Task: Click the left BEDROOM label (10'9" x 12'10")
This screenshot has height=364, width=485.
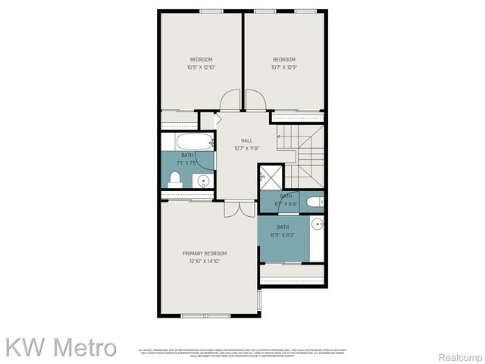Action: pos(201,60)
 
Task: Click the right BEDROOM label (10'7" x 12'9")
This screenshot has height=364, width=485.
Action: pos(284,60)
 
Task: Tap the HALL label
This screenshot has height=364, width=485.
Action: pos(246,140)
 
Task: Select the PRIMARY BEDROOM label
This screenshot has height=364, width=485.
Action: pos(205,253)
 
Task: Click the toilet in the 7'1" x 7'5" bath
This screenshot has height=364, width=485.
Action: pos(175,178)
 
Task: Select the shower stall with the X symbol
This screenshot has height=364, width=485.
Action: pos(270,176)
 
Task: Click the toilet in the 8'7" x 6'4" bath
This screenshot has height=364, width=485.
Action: pos(320,202)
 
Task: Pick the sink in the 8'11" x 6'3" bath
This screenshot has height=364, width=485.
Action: pos(318,223)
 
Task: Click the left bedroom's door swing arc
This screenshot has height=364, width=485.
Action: pos(230,100)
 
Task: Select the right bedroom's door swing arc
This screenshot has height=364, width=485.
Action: pos(255,100)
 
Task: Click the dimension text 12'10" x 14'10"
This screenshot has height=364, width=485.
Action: pos(205,261)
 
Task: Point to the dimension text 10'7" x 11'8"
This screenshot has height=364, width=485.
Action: pos(246,148)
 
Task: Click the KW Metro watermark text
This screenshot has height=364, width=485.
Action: pos(61,347)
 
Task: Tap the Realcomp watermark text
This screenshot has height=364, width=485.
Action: pos(462,357)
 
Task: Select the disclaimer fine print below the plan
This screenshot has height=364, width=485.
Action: pos(242,353)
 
